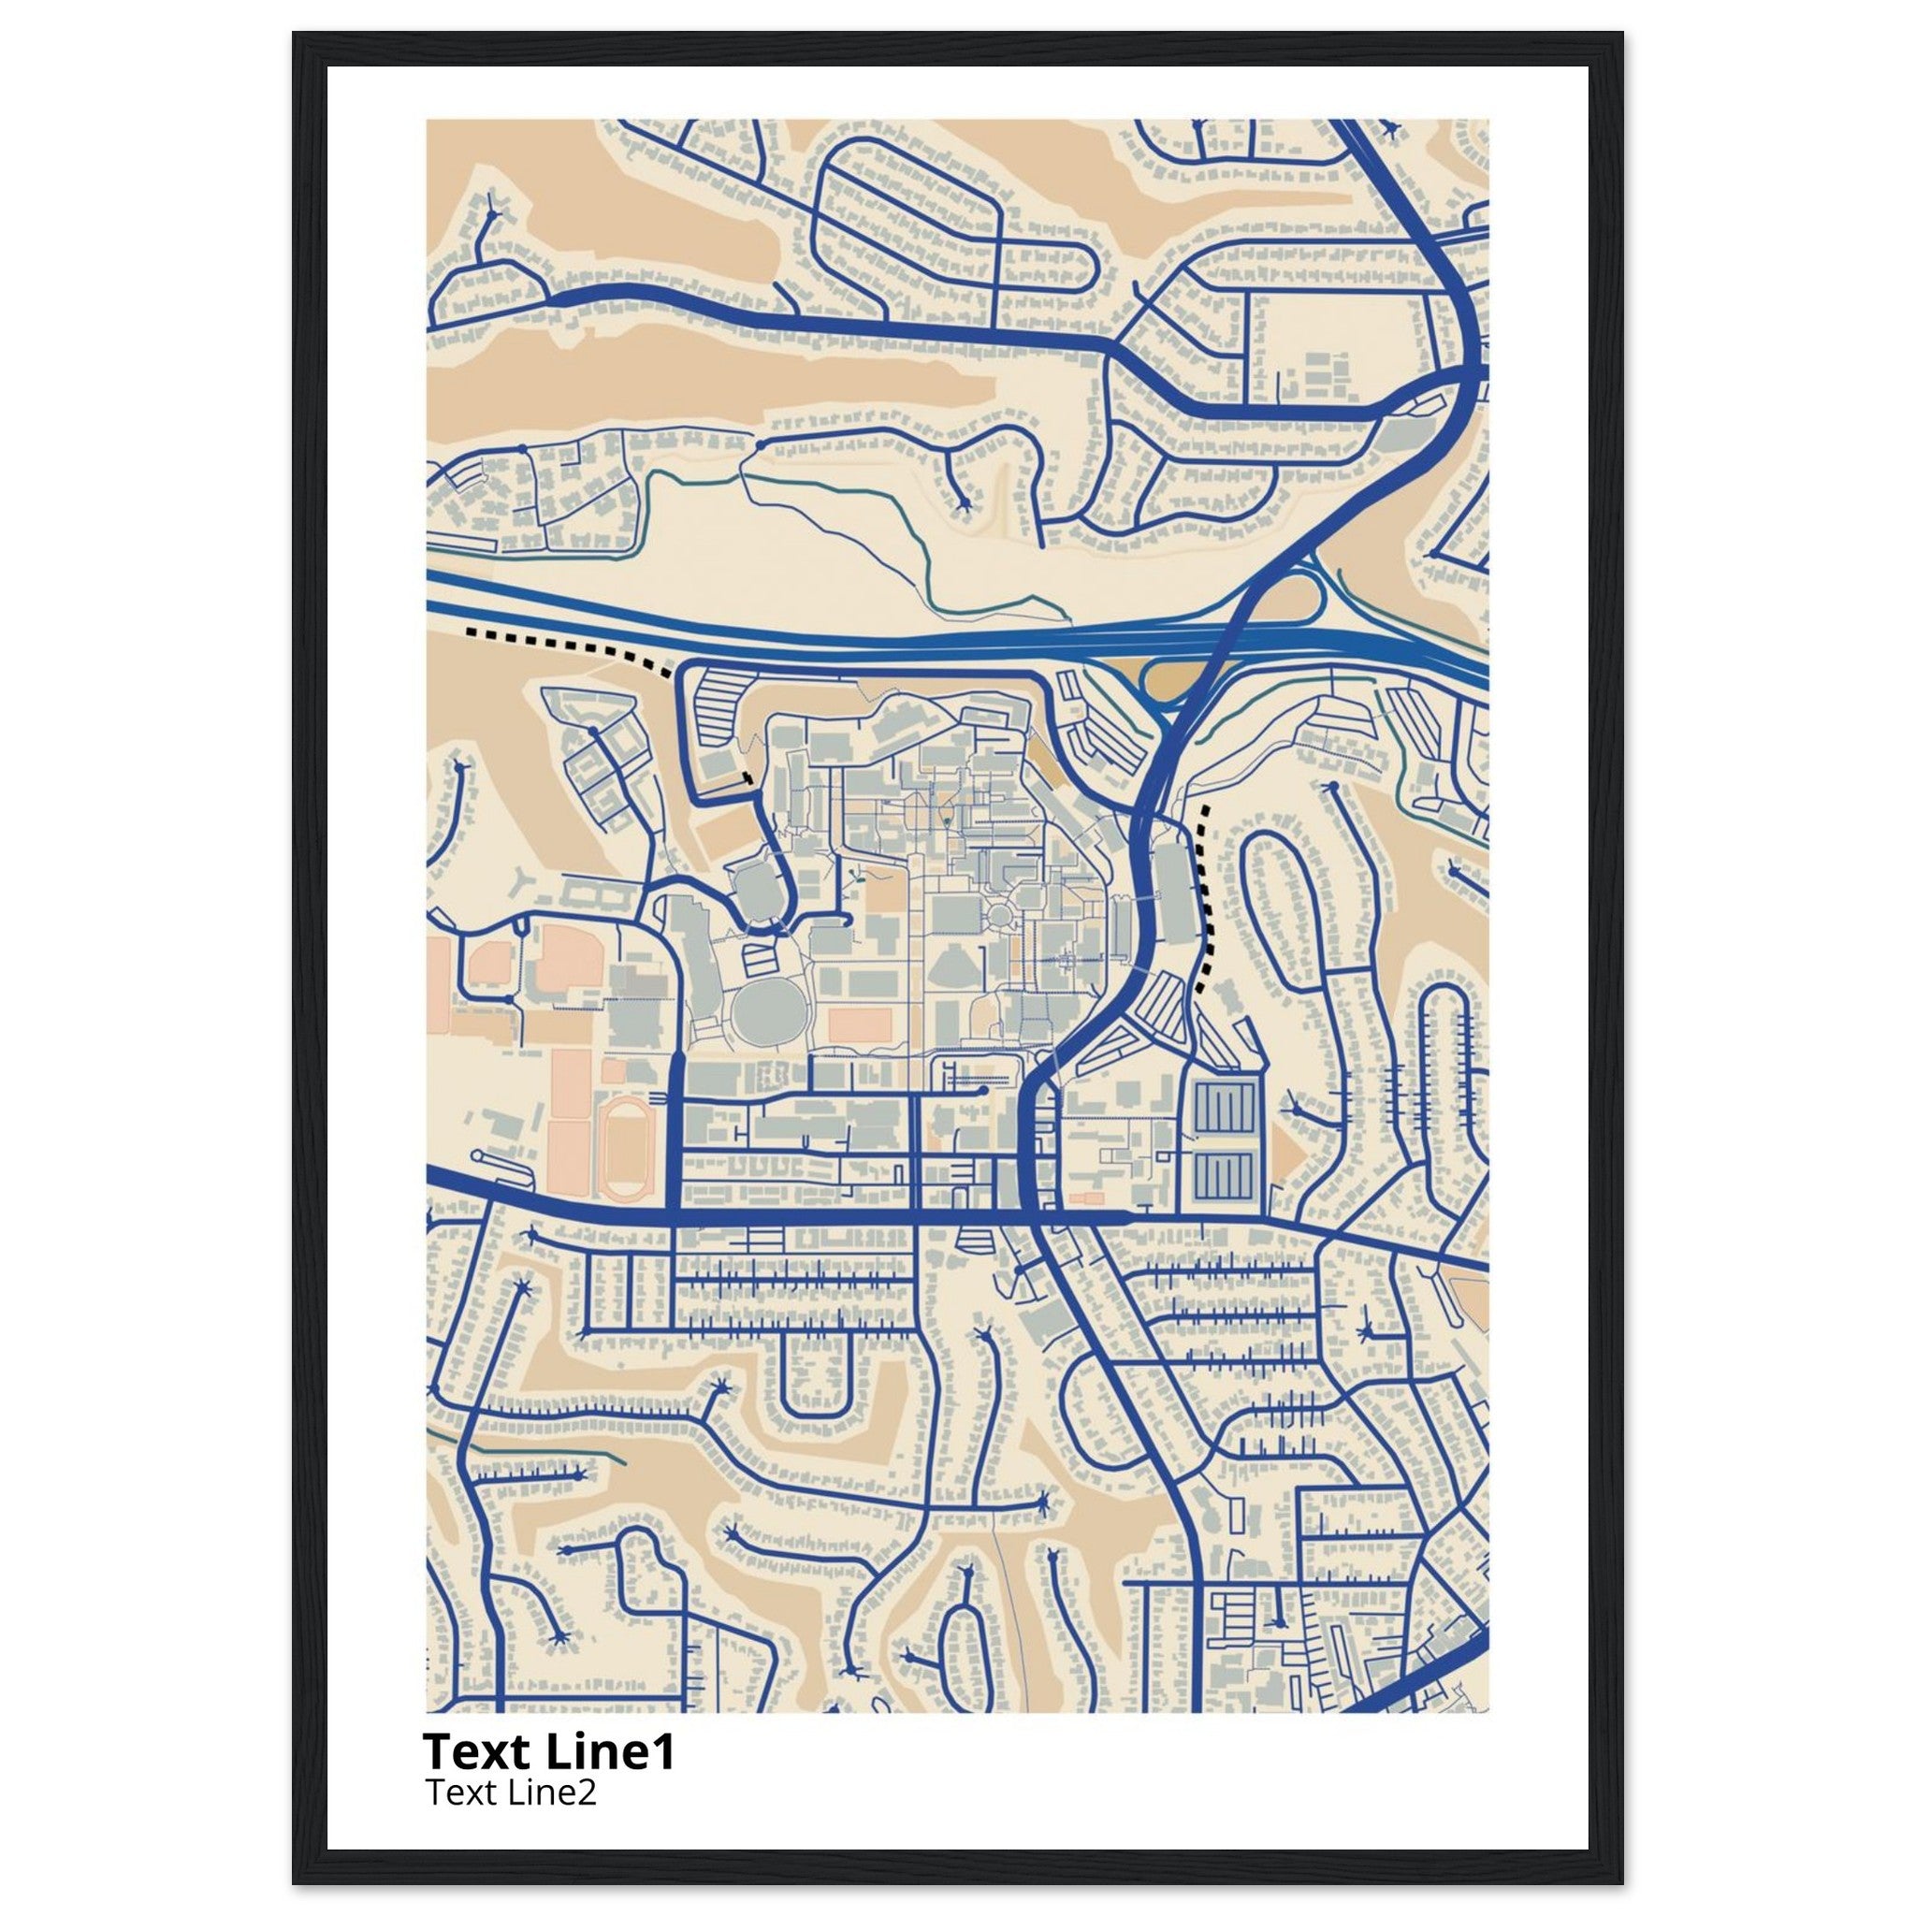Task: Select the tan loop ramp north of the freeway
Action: click(1288, 599)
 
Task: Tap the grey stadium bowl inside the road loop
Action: click(755, 881)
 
